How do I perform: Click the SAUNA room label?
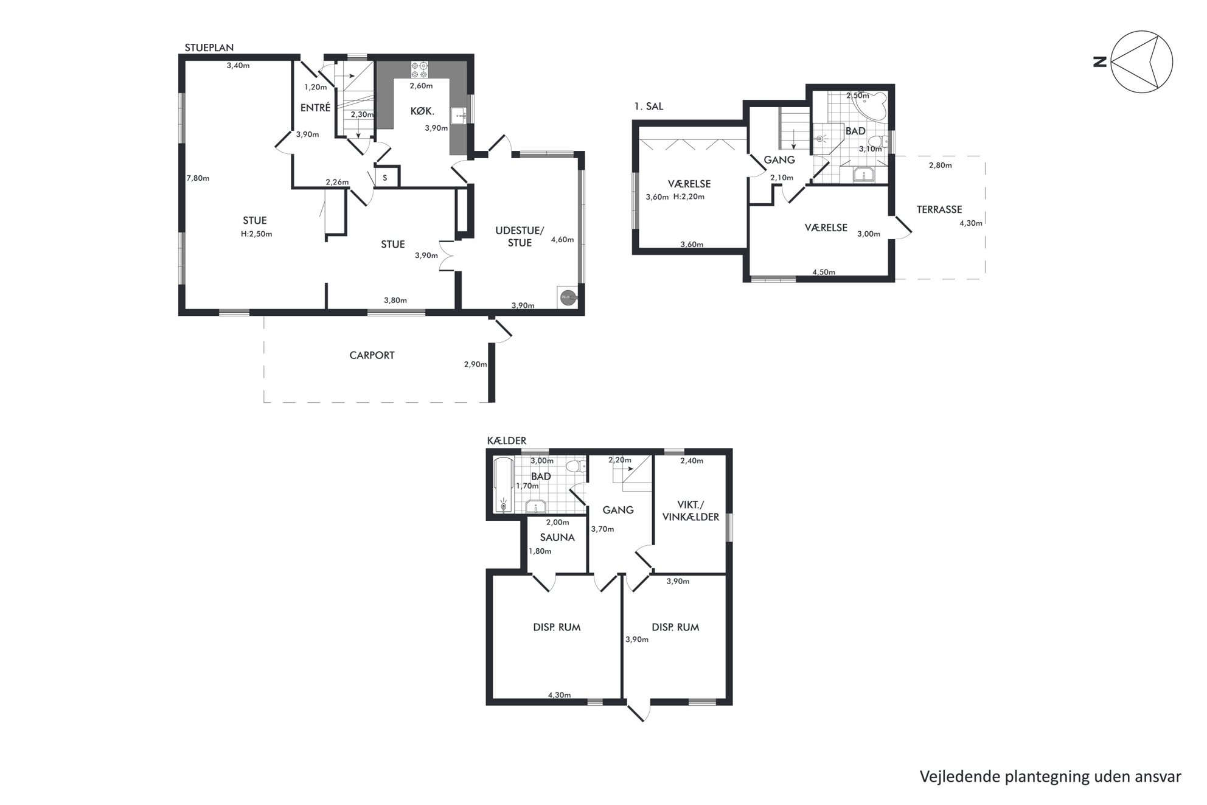pos(557,537)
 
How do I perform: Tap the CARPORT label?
pos(372,355)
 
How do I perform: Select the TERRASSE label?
pos(939,209)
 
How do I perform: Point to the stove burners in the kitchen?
pos(420,68)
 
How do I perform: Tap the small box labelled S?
pos(385,178)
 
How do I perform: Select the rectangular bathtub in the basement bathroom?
pos(503,485)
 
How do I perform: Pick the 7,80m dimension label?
pos(198,178)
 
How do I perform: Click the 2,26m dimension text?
pos(337,182)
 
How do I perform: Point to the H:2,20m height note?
pos(689,197)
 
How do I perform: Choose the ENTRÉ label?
pos(315,108)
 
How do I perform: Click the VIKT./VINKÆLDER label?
pos(690,511)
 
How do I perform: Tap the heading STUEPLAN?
pos(209,47)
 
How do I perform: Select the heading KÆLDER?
pos(507,441)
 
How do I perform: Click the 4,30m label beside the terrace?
pos(971,223)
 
